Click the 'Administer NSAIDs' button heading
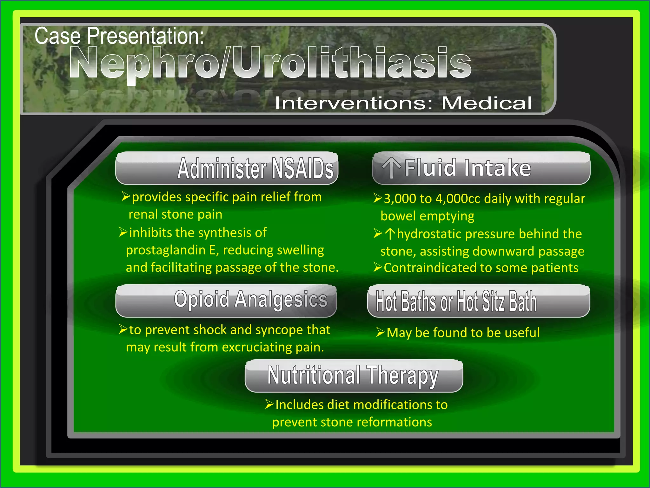255,169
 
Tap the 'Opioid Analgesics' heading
251,300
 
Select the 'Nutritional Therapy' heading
353,376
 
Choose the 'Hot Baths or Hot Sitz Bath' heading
456,301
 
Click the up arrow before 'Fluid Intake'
391,168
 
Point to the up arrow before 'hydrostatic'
390,234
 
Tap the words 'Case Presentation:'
119,36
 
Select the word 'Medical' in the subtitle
487,103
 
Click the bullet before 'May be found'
380,332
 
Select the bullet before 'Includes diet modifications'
269,404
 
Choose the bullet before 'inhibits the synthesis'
123,232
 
